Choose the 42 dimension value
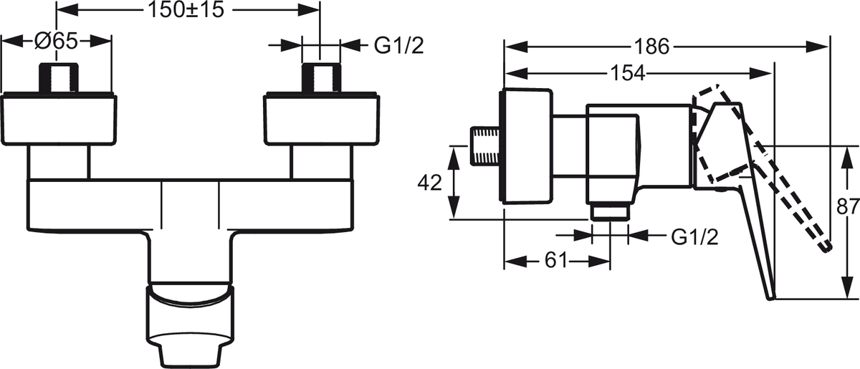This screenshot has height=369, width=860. pyautogui.click(x=431, y=183)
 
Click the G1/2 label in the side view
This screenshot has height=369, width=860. pyautogui.click(x=694, y=236)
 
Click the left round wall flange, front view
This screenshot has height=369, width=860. pyautogui.click(x=59, y=119)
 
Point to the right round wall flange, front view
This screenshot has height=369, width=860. pyautogui.click(x=321, y=119)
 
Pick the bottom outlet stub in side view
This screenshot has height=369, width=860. pyautogui.click(x=610, y=211)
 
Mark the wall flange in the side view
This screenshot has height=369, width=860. pyautogui.click(x=527, y=147)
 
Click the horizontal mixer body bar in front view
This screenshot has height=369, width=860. pyautogui.click(x=190, y=204)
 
